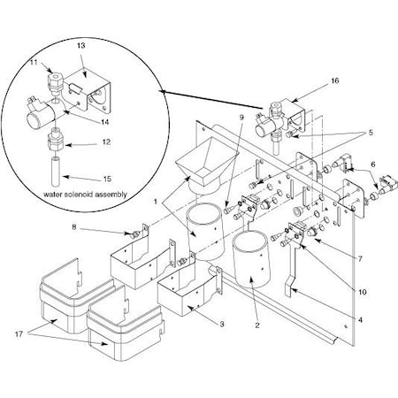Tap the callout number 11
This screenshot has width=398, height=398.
coord(34,65)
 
